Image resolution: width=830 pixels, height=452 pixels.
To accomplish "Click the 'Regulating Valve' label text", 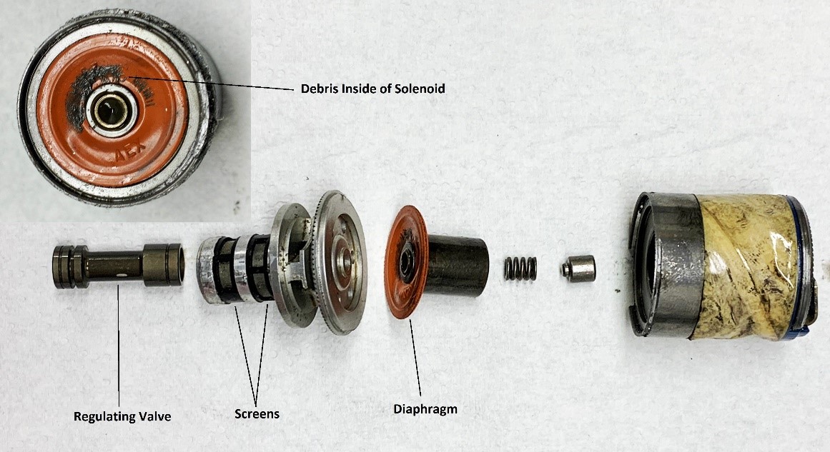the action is click(x=122, y=416).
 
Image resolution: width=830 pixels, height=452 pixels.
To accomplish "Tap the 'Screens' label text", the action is click(x=257, y=413).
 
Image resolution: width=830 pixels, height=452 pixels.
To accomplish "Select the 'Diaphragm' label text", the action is click(x=425, y=408).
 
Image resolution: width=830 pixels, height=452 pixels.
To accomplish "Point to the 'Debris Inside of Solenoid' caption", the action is click(x=372, y=89).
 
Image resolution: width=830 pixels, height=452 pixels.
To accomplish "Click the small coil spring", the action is click(x=520, y=268).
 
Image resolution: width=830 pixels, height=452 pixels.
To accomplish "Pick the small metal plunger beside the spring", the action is click(x=578, y=268).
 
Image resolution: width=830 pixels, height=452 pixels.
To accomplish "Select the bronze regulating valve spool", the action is click(x=118, y=266).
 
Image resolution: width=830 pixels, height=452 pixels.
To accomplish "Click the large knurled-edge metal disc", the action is click(x=339, y=262).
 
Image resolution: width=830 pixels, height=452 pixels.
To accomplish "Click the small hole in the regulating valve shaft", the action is click(x=122, y=275).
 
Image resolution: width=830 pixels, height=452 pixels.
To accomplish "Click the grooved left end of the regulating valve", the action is click(x=70, y=266).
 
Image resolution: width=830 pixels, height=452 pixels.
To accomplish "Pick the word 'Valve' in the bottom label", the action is click(x=155, y=416).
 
